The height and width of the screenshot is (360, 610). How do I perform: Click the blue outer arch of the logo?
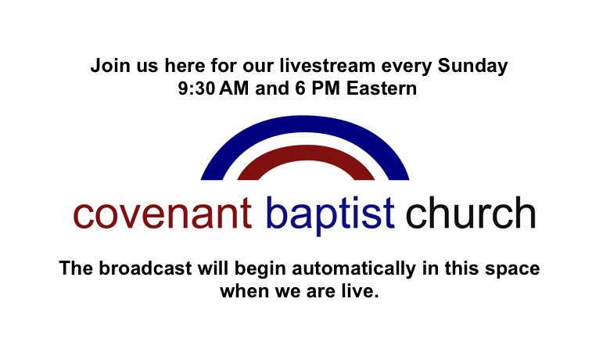[305, 124]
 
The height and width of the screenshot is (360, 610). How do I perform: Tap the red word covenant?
[162, 214]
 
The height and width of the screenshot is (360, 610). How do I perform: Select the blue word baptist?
[330, 215]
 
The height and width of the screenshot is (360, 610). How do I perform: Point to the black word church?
[471, 213]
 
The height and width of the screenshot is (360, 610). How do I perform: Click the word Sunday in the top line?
[472, 67]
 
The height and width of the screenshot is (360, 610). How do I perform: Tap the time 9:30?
[196, 88]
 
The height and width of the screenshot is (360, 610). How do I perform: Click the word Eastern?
[382, 88]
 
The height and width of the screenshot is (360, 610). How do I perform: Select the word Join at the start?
[110, 66]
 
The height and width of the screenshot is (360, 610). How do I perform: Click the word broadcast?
[145, 268]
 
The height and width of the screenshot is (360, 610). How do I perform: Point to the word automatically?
[354, 269]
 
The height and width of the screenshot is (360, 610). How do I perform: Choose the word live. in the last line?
[361, 290]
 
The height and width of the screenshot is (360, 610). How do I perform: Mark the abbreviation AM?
[234, 88]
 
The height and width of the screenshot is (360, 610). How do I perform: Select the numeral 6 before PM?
[300, 88]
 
